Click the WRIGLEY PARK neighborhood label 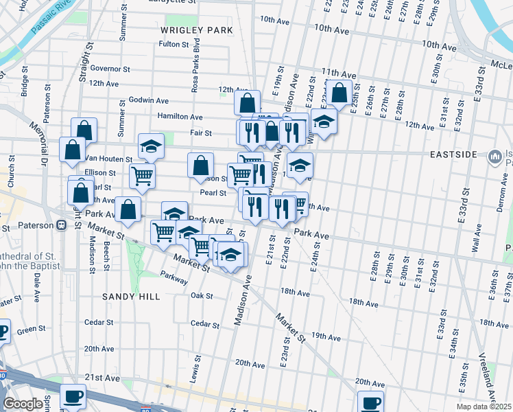pos(197,31)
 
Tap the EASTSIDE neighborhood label pos(450,154)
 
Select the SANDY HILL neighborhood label pos(131,297)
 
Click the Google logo pos(23,404)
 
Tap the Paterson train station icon pos(62,225)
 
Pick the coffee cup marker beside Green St pos(2,332)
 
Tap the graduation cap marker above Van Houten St pos(151,146)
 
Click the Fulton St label pos(174,45)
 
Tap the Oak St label pos(202,296)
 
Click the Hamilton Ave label pos(180,117)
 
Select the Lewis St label pos(195,367)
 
